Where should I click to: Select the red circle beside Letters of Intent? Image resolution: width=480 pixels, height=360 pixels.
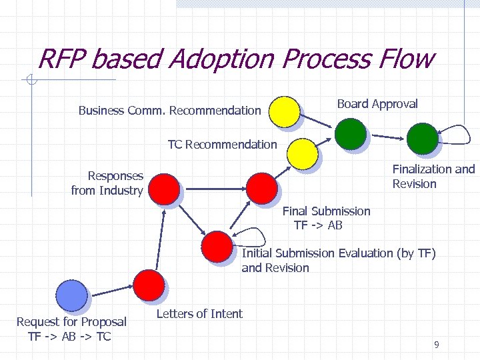148,285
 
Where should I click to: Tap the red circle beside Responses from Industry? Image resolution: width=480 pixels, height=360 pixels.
163,188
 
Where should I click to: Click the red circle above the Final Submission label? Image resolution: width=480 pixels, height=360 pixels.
261,187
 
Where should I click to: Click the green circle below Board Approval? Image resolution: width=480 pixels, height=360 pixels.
350,134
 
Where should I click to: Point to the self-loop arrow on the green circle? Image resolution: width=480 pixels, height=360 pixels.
454,137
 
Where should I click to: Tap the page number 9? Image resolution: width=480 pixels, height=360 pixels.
436,345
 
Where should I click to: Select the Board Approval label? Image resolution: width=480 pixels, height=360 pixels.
377,104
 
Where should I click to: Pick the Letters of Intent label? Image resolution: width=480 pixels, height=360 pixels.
199,314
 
